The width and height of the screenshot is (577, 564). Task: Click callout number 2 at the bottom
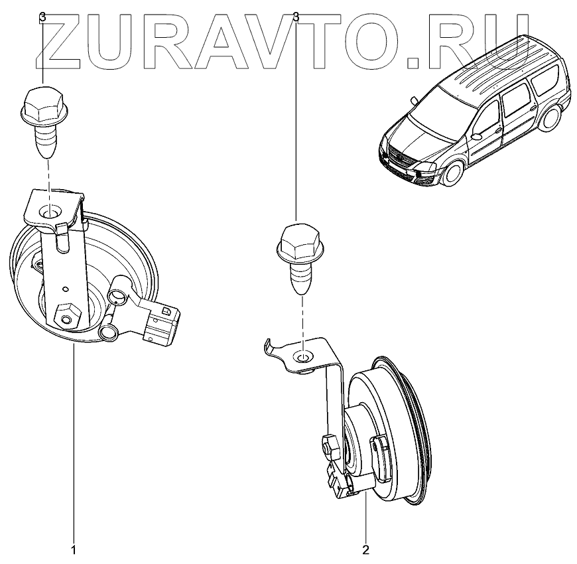tap(365, 550)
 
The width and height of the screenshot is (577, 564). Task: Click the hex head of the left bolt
tap(43, 103)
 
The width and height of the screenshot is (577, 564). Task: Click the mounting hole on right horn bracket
tap(303, 358)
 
